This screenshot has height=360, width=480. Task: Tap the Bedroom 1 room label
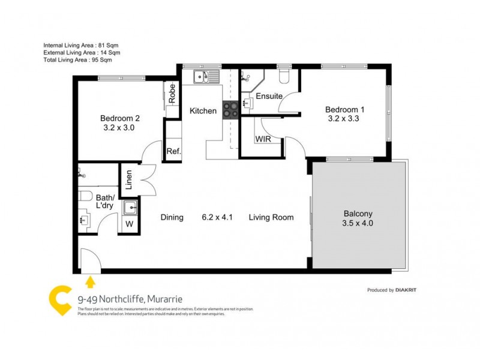344,110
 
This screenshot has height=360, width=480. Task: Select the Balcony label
358,214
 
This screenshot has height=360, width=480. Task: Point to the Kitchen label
203,111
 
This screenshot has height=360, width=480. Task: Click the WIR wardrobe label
262,139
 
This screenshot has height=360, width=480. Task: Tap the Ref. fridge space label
173,151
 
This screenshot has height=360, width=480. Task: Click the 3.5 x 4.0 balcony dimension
358,224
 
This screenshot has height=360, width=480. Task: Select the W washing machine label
129,224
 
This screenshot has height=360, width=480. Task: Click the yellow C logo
60,298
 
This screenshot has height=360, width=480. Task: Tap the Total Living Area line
77,60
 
